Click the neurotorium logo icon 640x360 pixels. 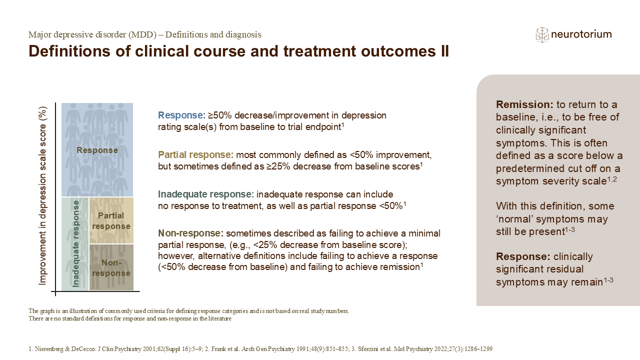pyautogui.click(x=542, y=35)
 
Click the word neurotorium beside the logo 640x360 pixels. pyautogui.click(x=581, y=34)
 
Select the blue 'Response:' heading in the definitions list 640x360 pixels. pyautogui.click(x=181, y=115)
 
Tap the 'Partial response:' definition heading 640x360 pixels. pyautogui.click(x=195, y=154)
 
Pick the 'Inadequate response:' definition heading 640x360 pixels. pyautogui.click(x=206, y=194)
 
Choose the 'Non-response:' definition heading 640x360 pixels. pyautogui.click(x=191, y=233)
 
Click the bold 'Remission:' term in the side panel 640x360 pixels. pyautogui.click(x=524, y=104)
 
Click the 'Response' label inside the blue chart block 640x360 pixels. pyautogui.click(x=97, y=150)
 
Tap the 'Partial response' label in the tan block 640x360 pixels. pyautogui.click(x=111, y=221)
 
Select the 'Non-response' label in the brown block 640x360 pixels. pyautogui.click(x=111, y=267)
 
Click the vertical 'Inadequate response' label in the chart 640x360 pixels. pyautogui.click(x=75, y=243)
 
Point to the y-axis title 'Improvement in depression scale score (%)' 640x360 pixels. pyautogui.click(x=42, y=195)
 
